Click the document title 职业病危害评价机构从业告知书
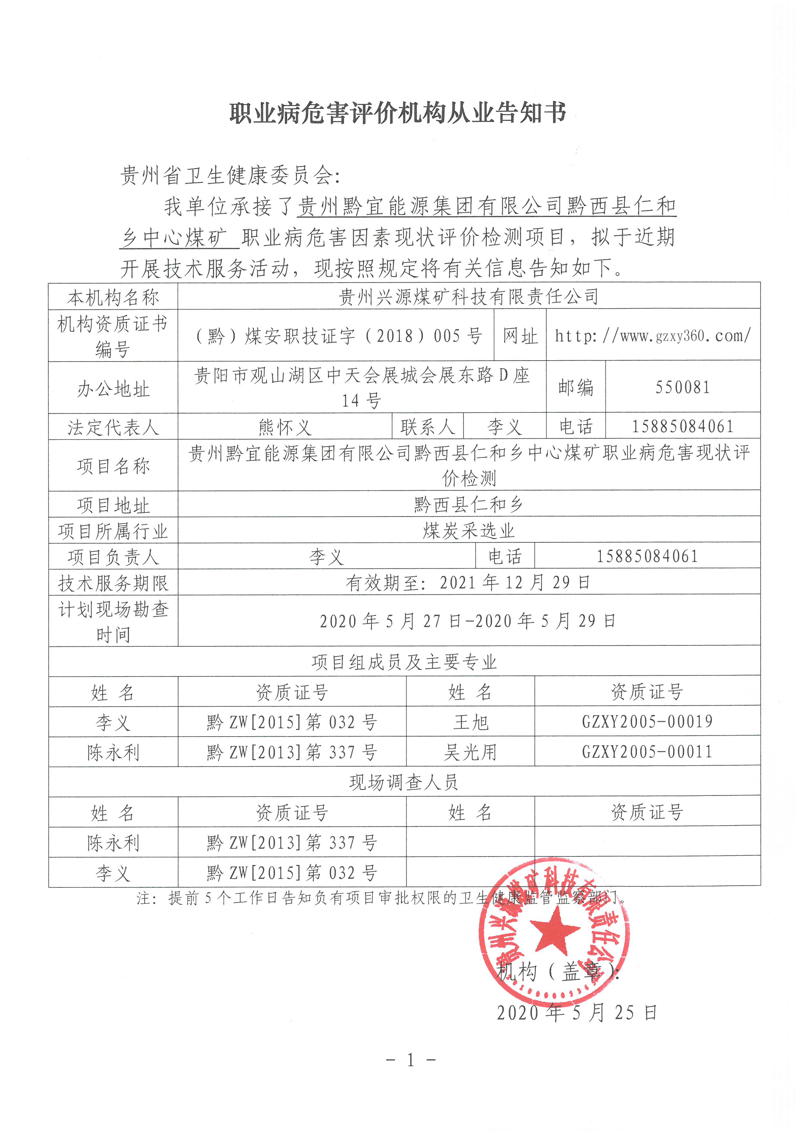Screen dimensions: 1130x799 point(398,113)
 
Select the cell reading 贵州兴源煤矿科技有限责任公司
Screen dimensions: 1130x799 point(468,296)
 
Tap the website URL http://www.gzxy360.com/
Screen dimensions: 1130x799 point(652,336)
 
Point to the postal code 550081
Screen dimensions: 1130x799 point(682,387)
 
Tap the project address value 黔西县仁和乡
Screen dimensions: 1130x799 point(468,504)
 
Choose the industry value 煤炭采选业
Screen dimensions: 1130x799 point(468,531)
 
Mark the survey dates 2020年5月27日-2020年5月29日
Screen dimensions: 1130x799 point(467,621)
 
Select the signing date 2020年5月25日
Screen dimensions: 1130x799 point(577,1013)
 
